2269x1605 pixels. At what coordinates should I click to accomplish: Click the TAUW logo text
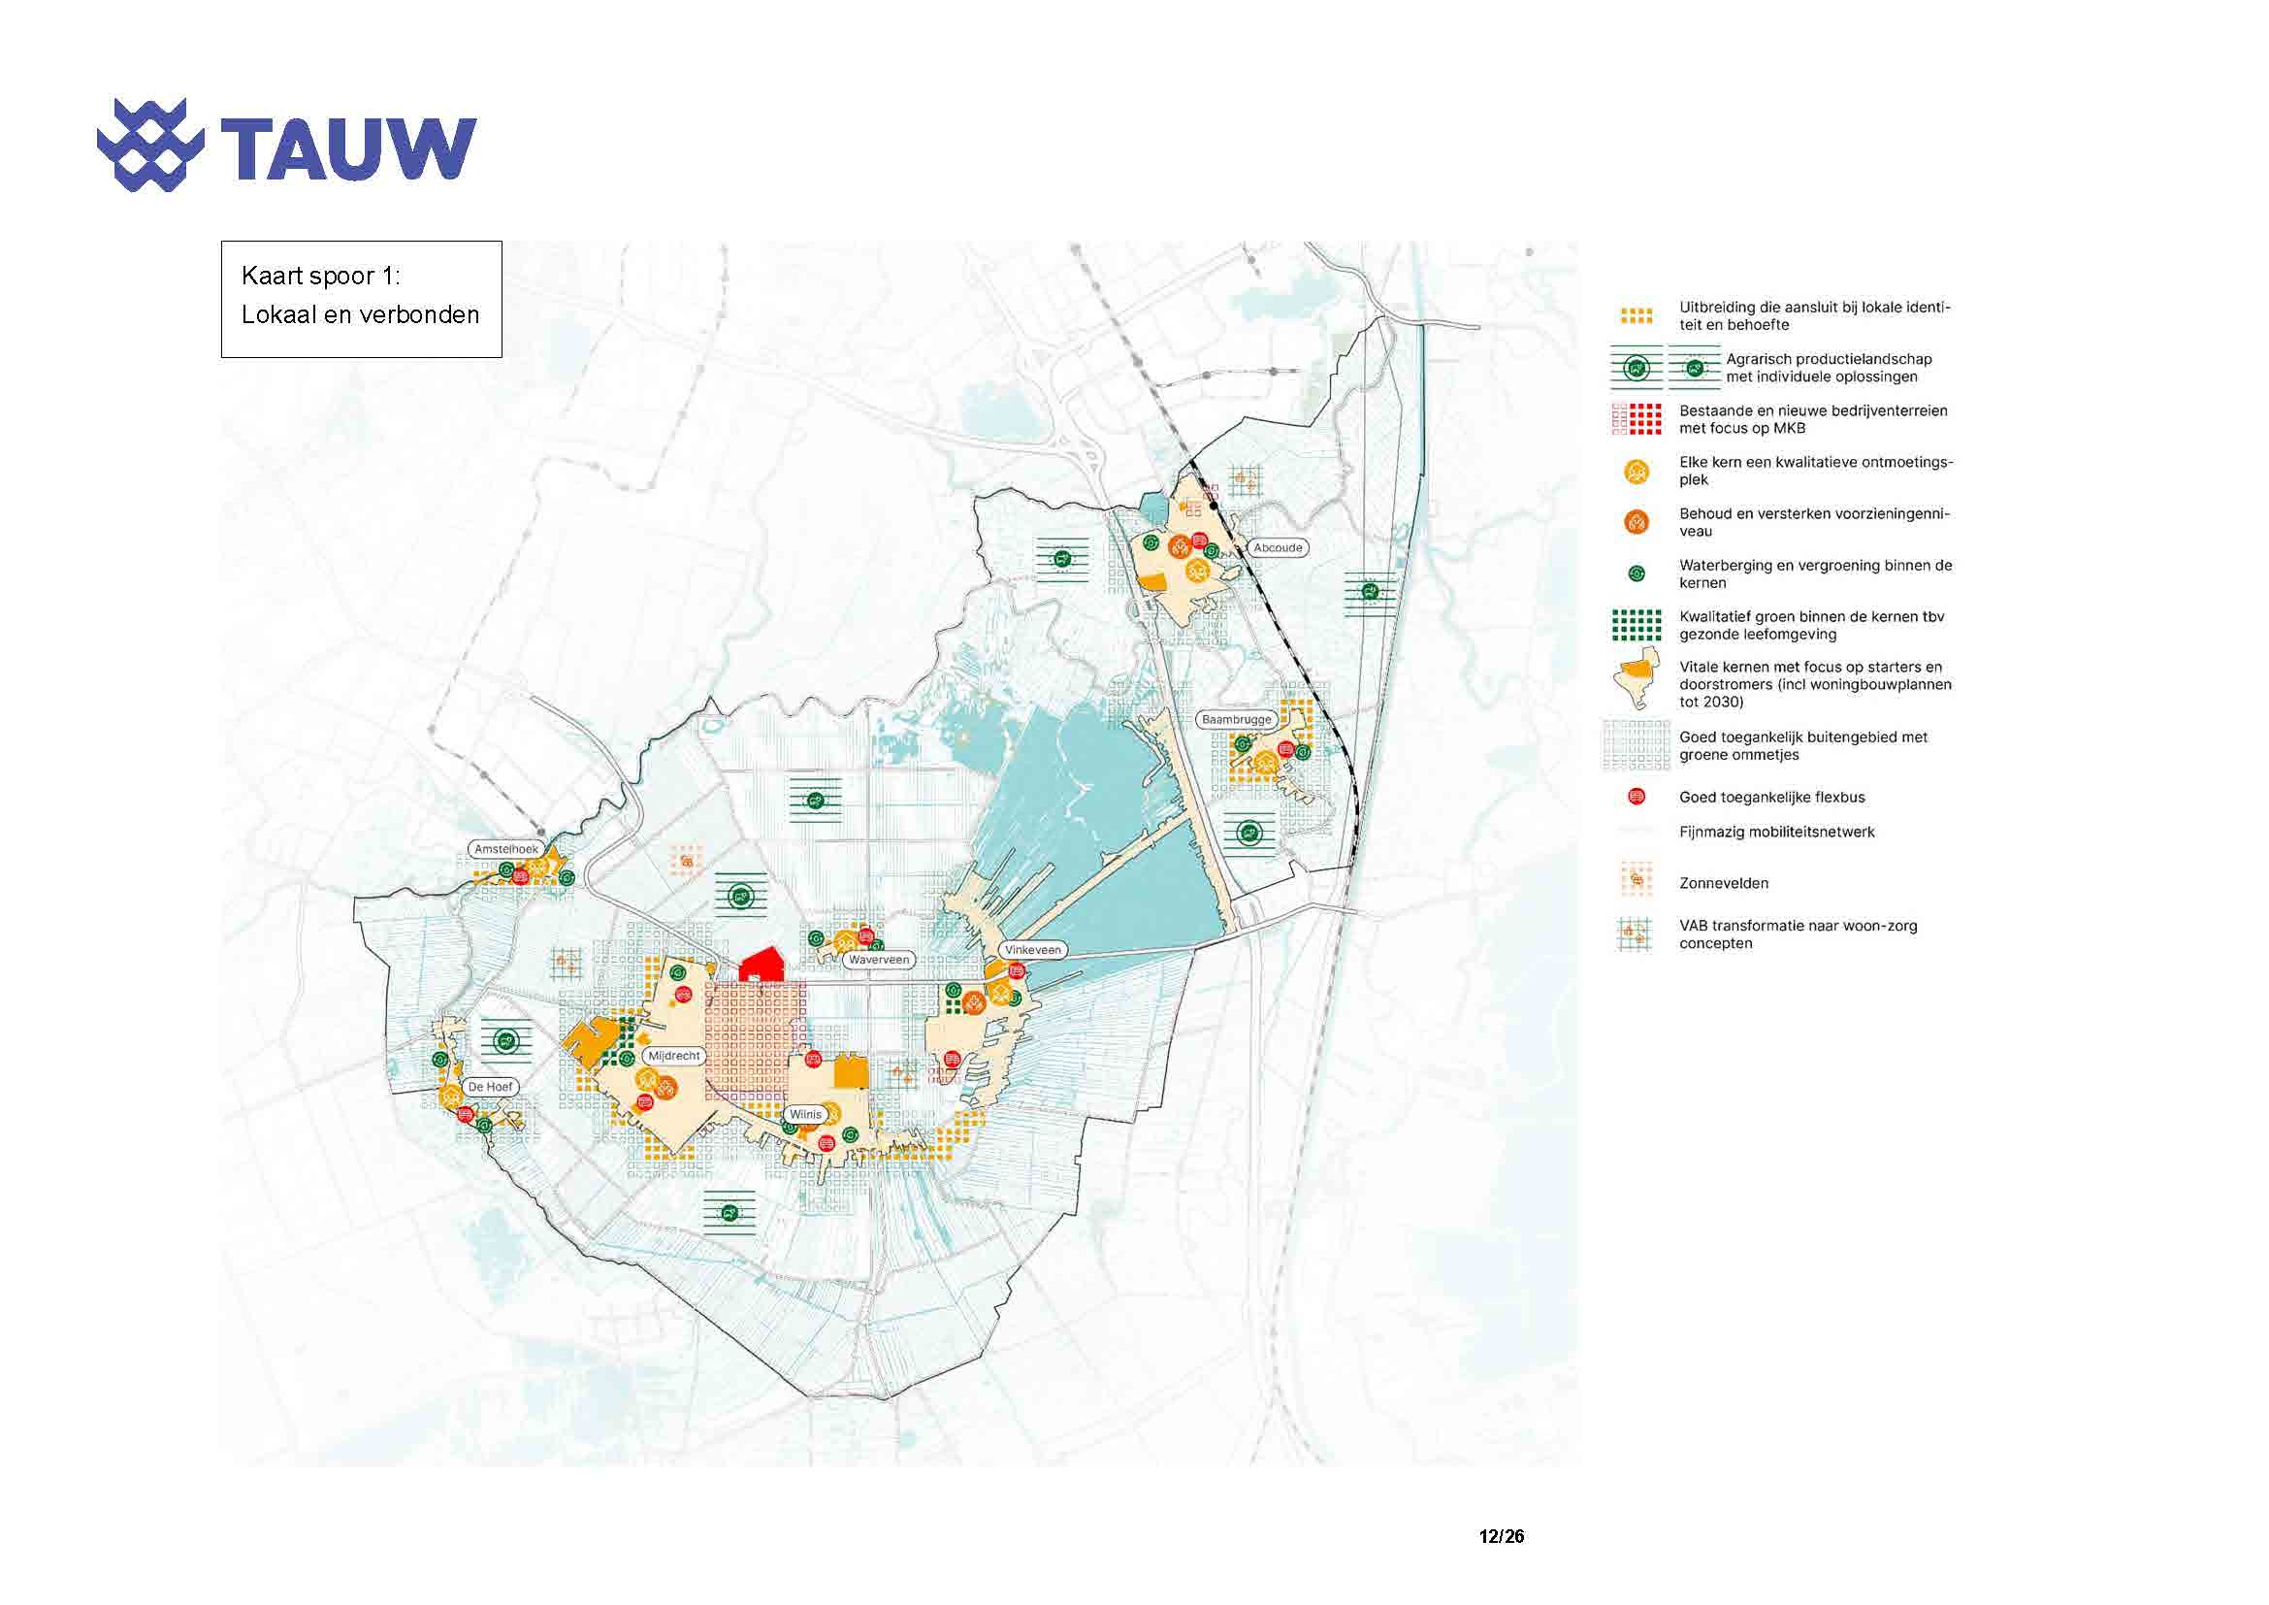[348, 149]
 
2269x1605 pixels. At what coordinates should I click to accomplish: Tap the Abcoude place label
[1277, 547]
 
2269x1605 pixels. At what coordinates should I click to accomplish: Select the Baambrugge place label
[1236, 719]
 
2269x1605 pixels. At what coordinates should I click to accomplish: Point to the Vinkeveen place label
[1033, 950]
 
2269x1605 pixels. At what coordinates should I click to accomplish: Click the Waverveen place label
[878, 960]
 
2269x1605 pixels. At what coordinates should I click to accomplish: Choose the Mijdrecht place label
[673, 1056]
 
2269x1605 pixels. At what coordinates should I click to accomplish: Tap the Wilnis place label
[804, 1114]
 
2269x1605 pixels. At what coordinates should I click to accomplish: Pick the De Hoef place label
[490, 1086]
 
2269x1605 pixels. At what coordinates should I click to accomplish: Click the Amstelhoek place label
[506, 849]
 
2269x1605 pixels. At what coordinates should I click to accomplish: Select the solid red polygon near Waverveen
[762, 964]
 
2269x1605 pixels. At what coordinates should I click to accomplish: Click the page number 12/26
[1501, 1536]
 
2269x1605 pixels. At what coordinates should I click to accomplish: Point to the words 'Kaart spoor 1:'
[320, 276]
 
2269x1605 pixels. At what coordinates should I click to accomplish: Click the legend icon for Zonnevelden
[1637, 878]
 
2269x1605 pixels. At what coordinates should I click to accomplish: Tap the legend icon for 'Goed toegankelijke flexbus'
[1637, 796]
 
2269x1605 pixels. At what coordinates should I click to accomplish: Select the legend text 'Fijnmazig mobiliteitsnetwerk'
[1776, 833]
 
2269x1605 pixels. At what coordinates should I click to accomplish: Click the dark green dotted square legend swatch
[1637, 625]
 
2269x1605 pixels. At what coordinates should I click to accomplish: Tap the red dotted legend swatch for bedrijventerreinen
[1637, 419]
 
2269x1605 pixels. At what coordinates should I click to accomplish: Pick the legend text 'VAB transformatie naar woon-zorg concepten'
[1798, 934]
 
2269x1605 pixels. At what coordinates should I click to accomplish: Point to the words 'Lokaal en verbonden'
[360, 315]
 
